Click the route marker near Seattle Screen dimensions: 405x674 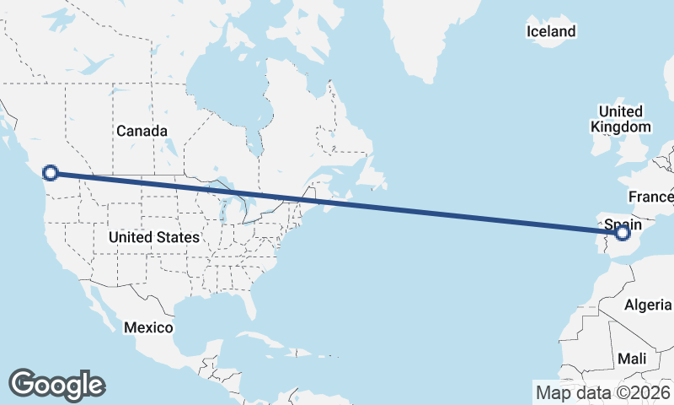[50, 173]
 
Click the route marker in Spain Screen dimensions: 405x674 [623, 232]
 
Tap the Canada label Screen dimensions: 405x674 [142, 131]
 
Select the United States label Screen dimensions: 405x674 [154, 238]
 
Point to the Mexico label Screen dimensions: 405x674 [148, 327]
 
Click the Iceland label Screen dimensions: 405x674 [551, 32]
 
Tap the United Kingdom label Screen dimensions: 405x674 [620, 119]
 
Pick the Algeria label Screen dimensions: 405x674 [648, 305]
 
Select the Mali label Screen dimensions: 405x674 [632, 359]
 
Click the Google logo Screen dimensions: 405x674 [56, 385]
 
